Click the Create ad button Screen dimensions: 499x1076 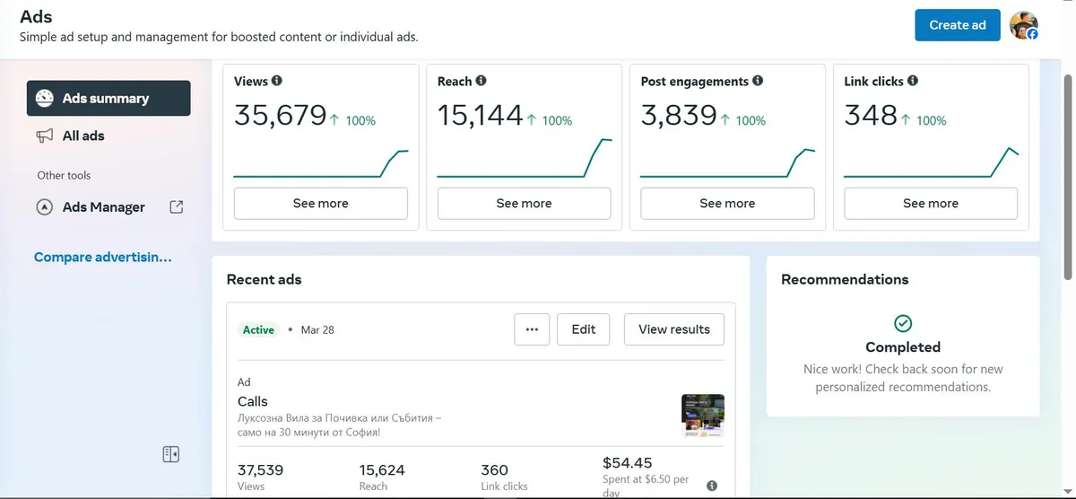pyautogui.click(x=957, y=25)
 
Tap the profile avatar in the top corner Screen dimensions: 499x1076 pyautogui.click(x=1023, y=26)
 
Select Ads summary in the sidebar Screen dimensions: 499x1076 pyautogui.click(x=108, y=99)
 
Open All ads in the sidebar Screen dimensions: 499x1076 pyautogui.click(x=82, y=136)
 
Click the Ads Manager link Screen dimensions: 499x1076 pyautogui.click(x=103, y=207)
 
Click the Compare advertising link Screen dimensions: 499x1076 pyautogui.click(x=102, y=258)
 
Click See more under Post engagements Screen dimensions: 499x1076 pyautogui.click(x=727, y=204)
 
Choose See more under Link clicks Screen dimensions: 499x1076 pyautogui.click(x=930, y=204)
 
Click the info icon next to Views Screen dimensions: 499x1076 pyautogui.click(x=276, y=81)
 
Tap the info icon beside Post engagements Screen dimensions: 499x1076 pyautogui.click(x=758, y=81)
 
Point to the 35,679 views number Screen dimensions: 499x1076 pyautogui.click(x=280, y=116)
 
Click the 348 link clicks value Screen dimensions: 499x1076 pyautogui.click(x=870, y=116)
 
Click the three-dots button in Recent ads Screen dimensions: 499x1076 pyautogui.click(x=532, y=329)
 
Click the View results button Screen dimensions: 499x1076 pyautogui.click(x=673, y=329)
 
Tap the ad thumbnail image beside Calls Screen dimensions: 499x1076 pyautogui.click(x=702, y=416)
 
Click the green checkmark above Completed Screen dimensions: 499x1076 pyautogui.click(x=903, y=323)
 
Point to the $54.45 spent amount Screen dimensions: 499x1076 pyautogui.click(x=627, y=463)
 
